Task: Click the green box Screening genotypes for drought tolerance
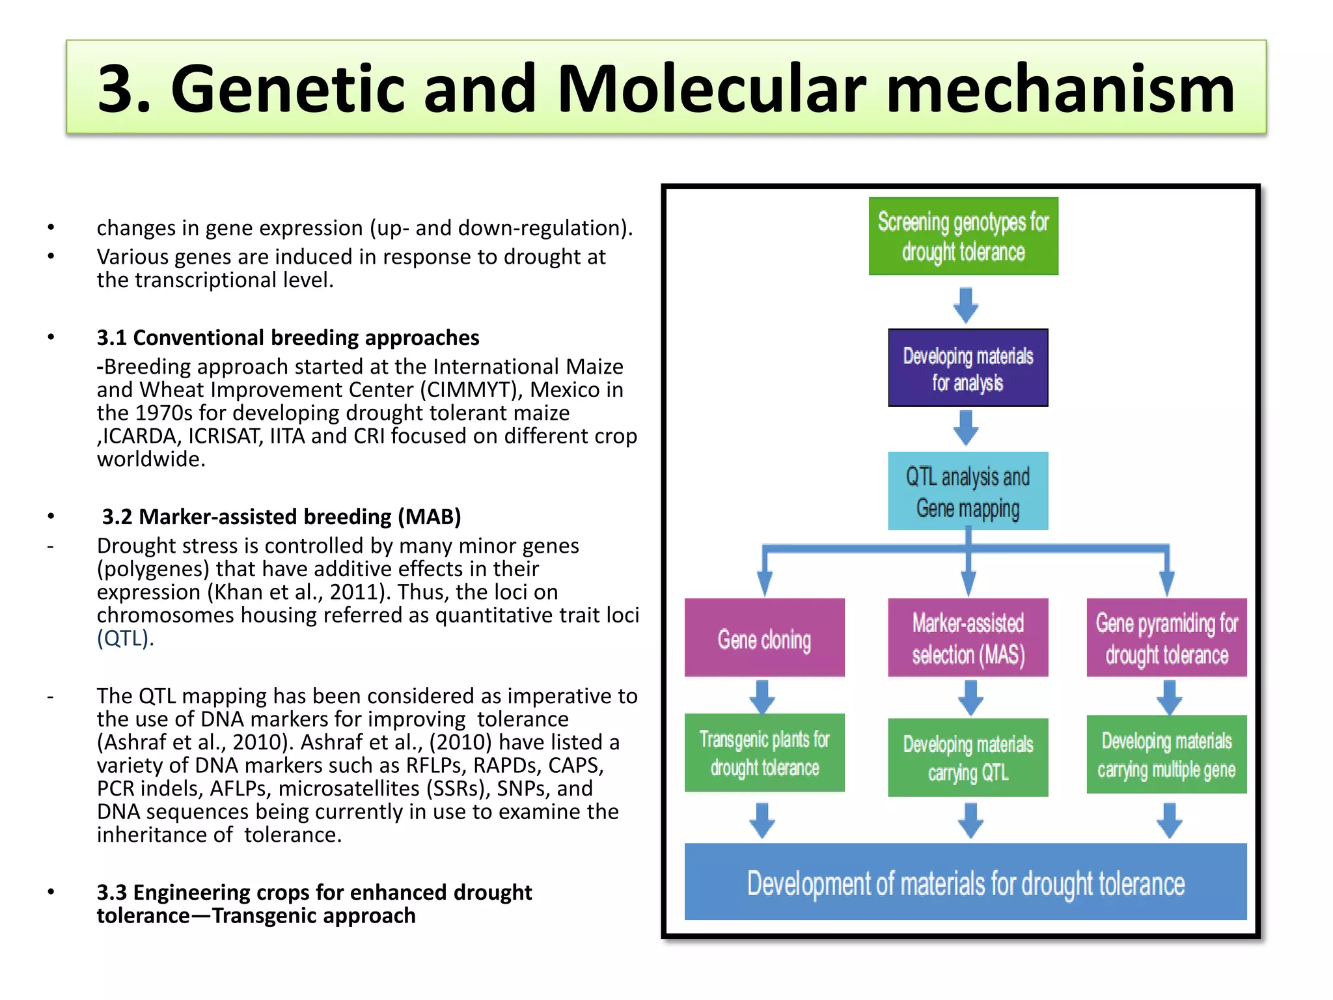tap(963, 236)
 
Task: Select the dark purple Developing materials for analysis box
tap(967, 368)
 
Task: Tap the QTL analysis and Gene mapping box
tap(967, 492)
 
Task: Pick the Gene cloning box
tap(764, 638)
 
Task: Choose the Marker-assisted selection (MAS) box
tap(967, 638)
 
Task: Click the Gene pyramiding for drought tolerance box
tap(1166, 638)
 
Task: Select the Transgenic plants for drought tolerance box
tap(764, 753)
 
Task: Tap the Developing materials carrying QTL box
tap(967, 758)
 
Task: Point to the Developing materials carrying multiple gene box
tap(1166, 755)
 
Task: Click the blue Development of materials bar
tap(965, 882)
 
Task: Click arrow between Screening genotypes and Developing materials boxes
tap(966, 305)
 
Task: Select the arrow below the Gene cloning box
tap(762, 696)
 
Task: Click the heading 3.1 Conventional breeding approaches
tap(288, 338)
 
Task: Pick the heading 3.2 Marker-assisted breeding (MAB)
tap(281, 517)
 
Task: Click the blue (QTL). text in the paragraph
tap(125, 639)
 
